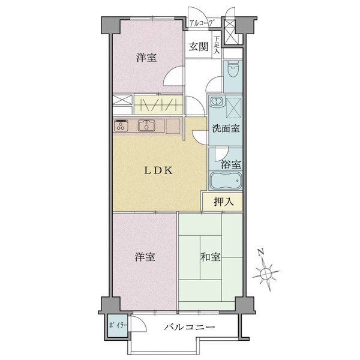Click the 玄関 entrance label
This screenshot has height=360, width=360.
[199, 47]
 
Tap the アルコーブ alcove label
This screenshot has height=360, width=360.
[202, 23]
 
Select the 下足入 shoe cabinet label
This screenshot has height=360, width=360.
[217, 45]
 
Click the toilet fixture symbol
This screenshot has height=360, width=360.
[233, 69]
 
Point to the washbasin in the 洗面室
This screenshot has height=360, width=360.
[216, 101]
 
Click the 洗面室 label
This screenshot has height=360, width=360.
[226, 128]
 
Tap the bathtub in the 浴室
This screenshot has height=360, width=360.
[226, 181]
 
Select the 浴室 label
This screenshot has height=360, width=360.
[231, 164]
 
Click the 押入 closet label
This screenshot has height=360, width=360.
[224, 202]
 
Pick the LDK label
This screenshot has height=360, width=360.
[158, 170]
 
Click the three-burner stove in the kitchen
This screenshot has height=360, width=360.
[121, 125]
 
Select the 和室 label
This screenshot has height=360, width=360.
[211, 257]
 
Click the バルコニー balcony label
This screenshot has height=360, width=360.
[190, 327]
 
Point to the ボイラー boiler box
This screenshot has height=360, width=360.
[118, 326]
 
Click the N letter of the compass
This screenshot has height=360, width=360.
[260, 253]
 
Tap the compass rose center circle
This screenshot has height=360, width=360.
[266, 273]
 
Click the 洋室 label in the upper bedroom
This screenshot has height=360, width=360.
[146, 57]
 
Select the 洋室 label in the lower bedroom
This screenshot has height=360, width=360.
[145, 257]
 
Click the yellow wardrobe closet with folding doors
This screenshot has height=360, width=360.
[158, 104]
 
